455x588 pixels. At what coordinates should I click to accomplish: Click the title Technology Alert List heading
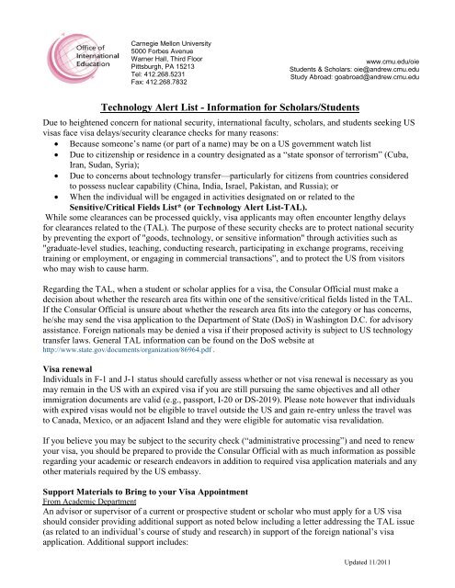(227, 106)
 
